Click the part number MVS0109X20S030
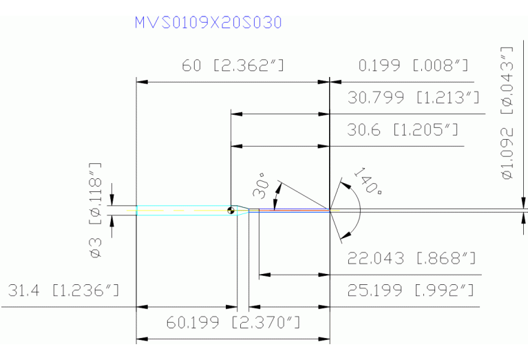click(209, 23)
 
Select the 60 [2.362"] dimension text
click(233, 66)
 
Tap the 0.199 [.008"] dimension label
click(414, 66)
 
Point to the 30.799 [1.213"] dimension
click(414, 98)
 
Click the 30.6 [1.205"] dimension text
click(403, 130)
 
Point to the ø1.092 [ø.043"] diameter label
click(508, 113)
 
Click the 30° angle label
click(260, 185)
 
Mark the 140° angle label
click(368, 181)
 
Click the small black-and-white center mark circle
click(231, 210)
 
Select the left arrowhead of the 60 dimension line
click(141, 82)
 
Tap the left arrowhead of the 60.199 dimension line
click(141, 339)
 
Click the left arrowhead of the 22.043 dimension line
click(263, 275)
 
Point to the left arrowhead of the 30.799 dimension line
click(235, 114)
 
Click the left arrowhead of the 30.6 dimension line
click(235, 146)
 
